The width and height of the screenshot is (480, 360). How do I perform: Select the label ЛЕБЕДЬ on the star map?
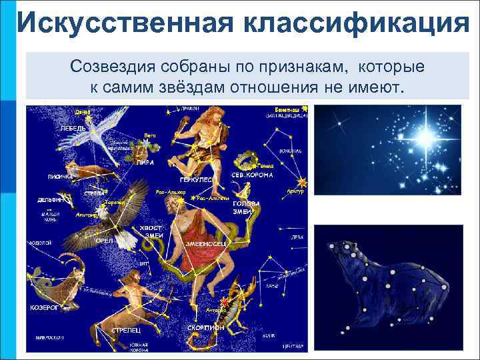tap(72, 127)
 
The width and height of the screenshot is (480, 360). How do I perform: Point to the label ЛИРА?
tap(145, 161)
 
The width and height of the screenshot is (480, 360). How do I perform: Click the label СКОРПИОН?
tap(204, 327)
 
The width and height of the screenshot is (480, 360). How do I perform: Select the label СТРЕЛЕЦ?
tap(125, 329)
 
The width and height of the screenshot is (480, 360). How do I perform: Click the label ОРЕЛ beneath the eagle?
tap(105, 240)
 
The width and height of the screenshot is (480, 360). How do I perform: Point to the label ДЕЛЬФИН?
tap(49, 199)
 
